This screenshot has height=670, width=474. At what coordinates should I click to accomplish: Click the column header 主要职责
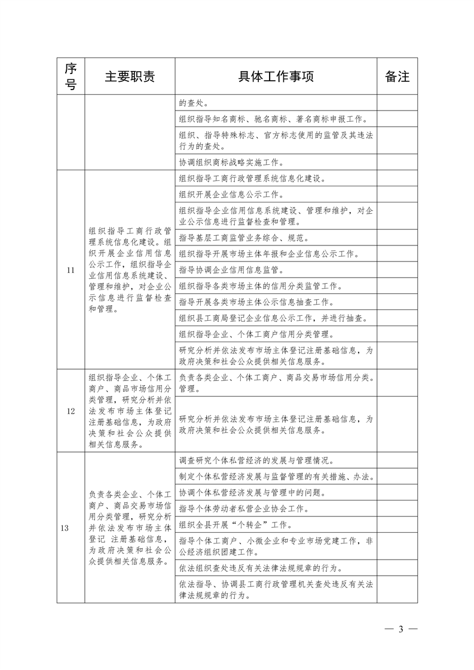[130, 76]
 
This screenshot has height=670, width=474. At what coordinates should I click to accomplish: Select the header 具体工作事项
[276, 76]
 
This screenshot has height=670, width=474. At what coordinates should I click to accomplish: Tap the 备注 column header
[397, 76]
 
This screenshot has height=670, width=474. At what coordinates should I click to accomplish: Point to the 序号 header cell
[71, 76]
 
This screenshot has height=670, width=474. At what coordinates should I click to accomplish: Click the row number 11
[71, 270]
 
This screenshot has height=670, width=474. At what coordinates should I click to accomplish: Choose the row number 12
[71, 411]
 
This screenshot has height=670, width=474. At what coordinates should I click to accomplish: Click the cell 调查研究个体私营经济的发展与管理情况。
[256, 460]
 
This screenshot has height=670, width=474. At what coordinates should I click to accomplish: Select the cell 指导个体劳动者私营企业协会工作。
[244, 509]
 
